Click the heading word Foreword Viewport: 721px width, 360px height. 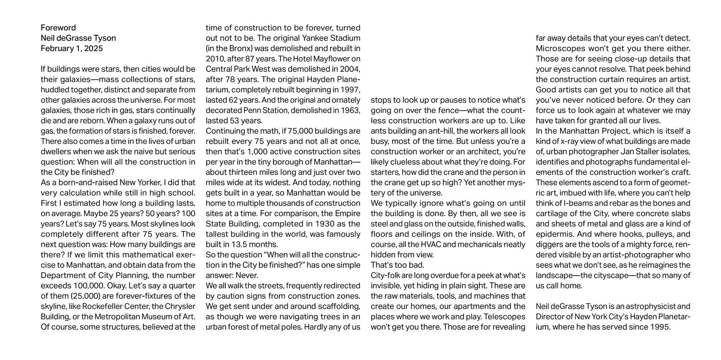(x=58, y=28)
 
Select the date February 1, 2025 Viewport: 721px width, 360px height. (x=72, y=48)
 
